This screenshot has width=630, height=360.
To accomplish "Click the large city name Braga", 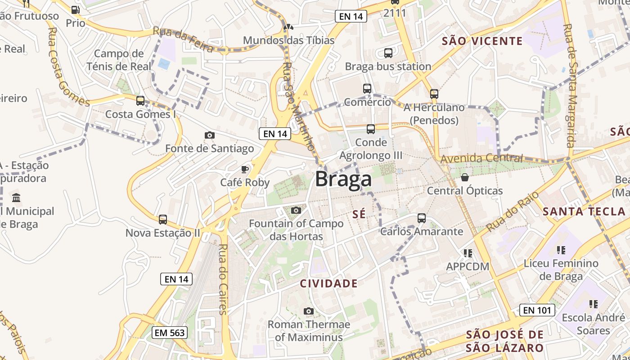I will (343, 179).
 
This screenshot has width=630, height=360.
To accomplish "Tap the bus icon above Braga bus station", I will (388, 53).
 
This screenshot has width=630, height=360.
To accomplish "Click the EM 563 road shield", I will (169, 333).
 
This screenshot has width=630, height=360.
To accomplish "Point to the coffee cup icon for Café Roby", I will (244, 169).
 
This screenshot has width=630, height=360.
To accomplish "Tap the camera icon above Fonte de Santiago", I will (209, 135).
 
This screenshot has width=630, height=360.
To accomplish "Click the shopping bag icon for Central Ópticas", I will (464, 177).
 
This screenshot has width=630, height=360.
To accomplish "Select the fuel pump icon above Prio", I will (75, 9).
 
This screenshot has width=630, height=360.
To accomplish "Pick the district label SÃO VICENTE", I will (482, 41).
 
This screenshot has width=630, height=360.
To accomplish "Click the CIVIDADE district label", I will (329, 283).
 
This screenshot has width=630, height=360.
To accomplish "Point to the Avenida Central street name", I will (481, 158).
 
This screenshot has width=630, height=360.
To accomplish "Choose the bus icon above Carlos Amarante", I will (421, 218).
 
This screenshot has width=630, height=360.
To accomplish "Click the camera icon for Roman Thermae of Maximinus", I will (308, 311).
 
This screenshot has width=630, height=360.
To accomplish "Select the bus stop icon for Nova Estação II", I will (162, 220).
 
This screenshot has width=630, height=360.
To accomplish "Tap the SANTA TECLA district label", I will (584, 211).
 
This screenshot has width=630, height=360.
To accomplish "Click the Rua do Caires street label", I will (223, 279).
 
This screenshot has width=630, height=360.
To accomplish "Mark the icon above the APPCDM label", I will (468, 253).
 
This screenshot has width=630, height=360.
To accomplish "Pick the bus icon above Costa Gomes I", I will (140, 101).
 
